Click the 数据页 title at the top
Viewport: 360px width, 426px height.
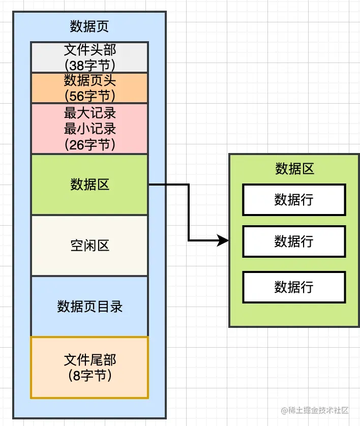pos(89,26)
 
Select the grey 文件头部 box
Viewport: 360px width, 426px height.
pos(89,57)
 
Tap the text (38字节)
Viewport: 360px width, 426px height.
pos(89,65)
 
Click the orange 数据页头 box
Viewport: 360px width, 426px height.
pos(89,87)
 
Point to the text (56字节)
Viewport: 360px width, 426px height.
pos(89,95)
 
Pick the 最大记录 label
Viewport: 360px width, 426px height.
pos(89,113)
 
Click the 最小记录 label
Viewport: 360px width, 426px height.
pos(89,129)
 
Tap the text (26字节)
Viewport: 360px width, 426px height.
pos(89,144)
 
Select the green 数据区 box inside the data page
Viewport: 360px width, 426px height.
pos(89,185)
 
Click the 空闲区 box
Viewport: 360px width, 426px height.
pos(89,246)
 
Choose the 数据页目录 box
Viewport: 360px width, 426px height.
pos(89,307)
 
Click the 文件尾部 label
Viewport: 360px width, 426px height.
pos(89,360)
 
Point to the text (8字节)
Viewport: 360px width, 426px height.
pos(89,376)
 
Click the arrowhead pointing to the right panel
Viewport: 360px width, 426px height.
pos(223,240)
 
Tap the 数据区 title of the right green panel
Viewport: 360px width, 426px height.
pos(294,169)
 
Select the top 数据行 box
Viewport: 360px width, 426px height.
pos(294,200)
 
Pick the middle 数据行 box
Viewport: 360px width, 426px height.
pos(294,241)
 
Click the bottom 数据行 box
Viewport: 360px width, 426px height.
pos(294,287)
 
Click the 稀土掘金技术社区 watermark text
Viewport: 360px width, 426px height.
pos(319,410)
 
